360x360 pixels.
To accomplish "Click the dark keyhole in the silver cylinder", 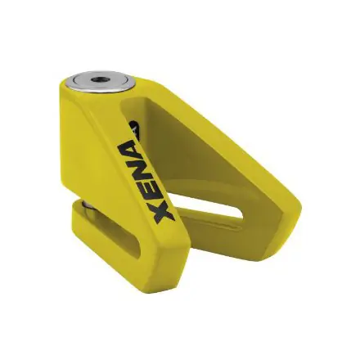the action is (97, 79).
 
